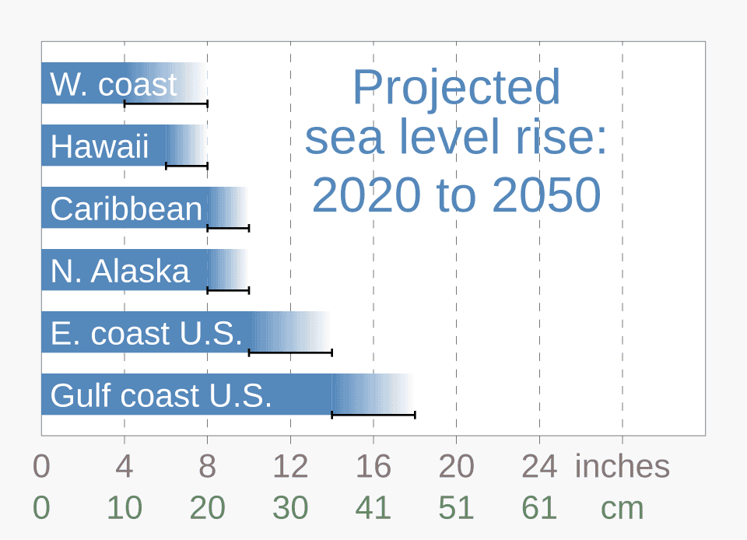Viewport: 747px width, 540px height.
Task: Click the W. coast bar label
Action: (x=114, y=85)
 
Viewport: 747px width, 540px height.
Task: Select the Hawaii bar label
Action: (x=100, y=147)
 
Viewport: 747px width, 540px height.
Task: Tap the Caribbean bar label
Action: (x=126, y=209)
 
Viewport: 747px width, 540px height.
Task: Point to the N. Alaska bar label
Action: (x=120, y=272)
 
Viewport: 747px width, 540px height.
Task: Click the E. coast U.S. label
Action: (x=146, y=334)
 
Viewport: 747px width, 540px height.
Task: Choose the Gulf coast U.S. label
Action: (x=161, y=396)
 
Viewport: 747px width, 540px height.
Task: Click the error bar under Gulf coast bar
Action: (x=373, y=415)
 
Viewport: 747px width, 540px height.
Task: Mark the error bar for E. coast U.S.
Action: (x=290, y=352)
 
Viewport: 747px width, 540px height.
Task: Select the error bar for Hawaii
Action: (x=187, y=166)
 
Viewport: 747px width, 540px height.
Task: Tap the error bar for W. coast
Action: (x=166, y=103)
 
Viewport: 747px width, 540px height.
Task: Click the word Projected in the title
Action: (x=456, y=87)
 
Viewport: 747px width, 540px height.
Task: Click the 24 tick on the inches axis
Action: (x=539, y=467)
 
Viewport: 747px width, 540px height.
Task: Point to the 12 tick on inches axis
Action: (x=290, y=467)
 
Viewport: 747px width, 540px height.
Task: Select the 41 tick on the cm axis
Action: (x=373, y=508)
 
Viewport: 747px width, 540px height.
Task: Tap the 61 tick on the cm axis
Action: (x=539, y=508)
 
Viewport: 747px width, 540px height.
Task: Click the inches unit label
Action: (x=622, y=467)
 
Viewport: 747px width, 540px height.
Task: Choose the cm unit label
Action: (x=622, y=508)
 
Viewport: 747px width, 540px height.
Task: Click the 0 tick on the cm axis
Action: (x=41, y=508)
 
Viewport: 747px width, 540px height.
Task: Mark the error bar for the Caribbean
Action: (x=228, y=228)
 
